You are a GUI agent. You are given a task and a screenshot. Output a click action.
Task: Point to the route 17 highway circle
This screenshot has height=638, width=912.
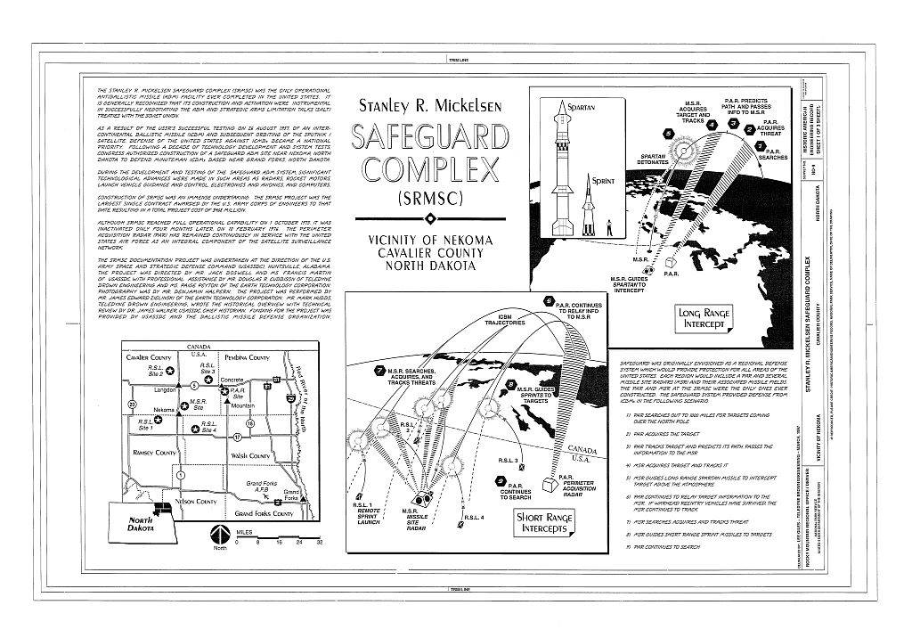237,438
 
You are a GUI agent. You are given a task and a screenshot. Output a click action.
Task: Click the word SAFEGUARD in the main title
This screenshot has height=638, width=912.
431,139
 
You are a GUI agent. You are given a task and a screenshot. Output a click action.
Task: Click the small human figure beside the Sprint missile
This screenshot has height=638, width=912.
609,228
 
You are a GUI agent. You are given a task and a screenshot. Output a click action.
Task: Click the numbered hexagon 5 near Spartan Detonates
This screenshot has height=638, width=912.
668,134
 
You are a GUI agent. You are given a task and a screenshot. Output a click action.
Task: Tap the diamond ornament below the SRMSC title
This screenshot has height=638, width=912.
431,218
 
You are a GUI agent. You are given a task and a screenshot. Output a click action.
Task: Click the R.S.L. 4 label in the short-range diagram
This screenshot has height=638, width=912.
474,517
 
